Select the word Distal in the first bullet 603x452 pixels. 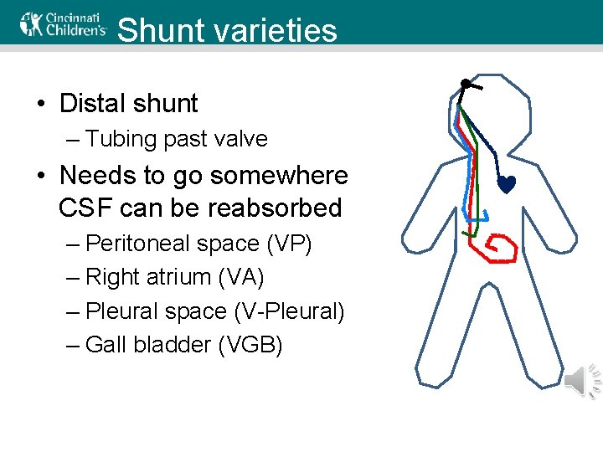click(92, 104)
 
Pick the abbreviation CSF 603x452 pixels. click(85, 207)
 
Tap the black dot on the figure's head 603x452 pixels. click(464, 84)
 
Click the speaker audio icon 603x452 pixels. click(580, 382)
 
